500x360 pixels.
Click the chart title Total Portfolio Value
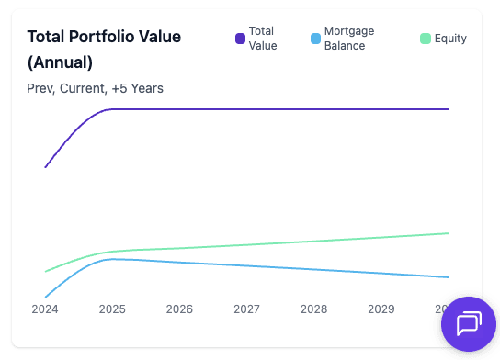(104, 37)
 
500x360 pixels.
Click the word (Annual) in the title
(60, 62)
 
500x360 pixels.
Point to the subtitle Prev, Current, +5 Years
(96, 88)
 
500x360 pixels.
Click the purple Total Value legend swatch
(240, 39)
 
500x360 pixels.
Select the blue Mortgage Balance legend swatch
(315, 39)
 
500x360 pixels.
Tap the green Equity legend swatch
(425, 39)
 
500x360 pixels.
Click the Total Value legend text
(262, 38)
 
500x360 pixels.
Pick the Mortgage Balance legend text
(349, 38)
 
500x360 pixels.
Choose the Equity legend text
(450, 39)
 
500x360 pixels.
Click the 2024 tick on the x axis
(45, 309)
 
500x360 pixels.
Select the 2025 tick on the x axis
(112, 309)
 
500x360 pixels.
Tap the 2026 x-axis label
(179, 309)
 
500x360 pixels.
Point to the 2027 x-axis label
(246, 309)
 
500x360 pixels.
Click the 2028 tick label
(313, 309)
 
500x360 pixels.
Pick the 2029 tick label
(381, 309)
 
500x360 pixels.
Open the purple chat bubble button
(469, 324)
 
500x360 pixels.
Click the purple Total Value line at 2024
(46, 167)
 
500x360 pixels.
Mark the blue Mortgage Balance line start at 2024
(46, 297)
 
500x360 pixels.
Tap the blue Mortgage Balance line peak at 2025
(112, 259)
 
